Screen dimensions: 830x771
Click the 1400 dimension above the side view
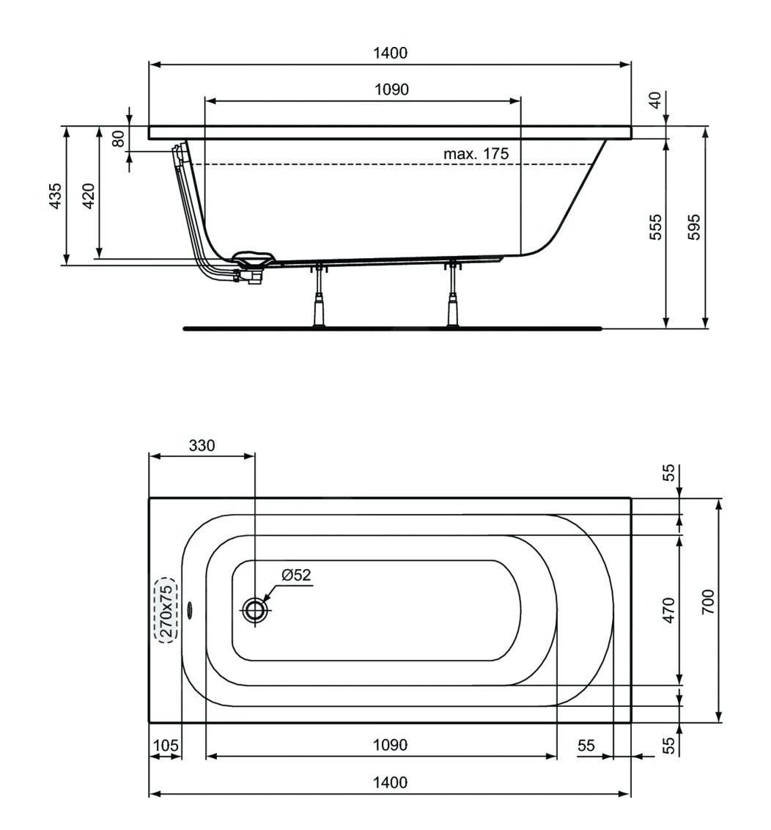point(389,53)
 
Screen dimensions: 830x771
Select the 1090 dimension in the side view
point(391,89)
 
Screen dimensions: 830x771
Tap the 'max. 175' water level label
point(476,154)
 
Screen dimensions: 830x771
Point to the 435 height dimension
point(55,196)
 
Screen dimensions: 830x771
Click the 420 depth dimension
point(88,196)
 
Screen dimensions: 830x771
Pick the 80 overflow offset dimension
point(118,139)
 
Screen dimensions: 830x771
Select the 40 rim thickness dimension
point(656,99)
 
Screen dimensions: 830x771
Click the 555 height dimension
point(656,227)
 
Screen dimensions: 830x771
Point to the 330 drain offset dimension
point(202,445)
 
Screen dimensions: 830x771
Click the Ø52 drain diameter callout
point(296,576)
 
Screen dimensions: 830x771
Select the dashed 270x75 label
point(166,610)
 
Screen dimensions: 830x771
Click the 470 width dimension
point(668,610)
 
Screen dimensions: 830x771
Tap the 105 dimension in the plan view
point(165,745)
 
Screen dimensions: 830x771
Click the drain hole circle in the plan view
point(255,609)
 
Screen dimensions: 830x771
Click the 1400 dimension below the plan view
point(389,782)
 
